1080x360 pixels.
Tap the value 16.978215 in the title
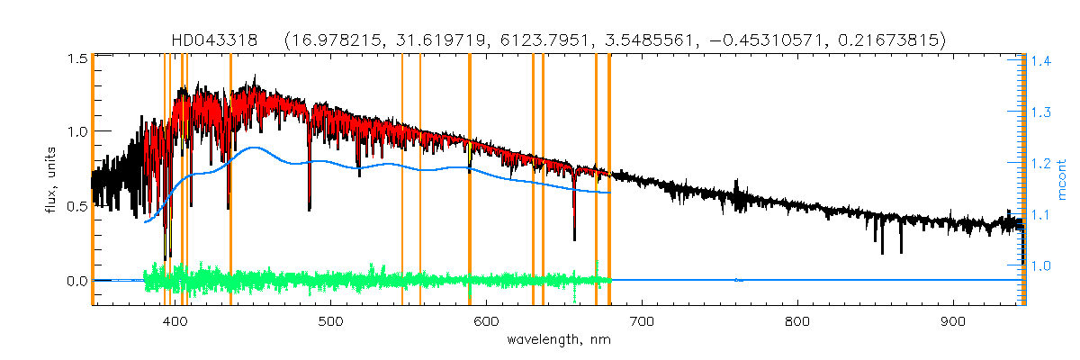(327, 40)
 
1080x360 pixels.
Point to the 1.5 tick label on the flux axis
(76, 58)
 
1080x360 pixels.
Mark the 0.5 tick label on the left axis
(76, 206)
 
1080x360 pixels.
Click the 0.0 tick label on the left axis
(76, 281)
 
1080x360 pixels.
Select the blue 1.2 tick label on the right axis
(1042, 164)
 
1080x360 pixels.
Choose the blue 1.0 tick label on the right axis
(1042, 265)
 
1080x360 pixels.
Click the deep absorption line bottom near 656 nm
(574, 239)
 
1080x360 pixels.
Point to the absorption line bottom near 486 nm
(310, 209)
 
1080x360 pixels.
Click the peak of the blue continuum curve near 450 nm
(255, 148)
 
